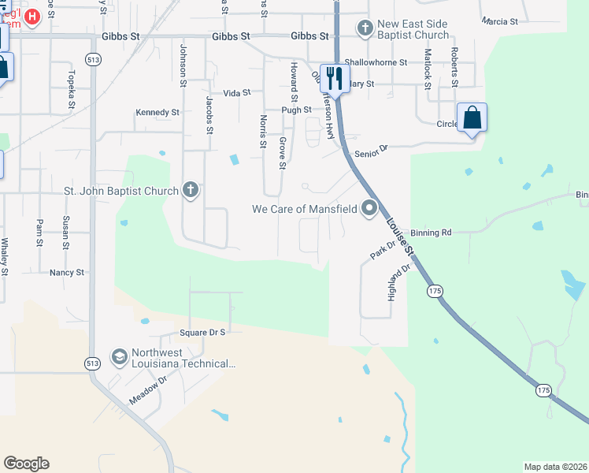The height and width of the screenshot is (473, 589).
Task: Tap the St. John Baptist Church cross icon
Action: click(x=190, y=189)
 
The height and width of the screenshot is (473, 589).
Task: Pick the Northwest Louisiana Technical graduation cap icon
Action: click(x=119, y=358)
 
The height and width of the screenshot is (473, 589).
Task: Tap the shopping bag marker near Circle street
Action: click(x=472, y=118)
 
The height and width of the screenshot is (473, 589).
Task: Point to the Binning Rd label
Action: click(x=430, y=233)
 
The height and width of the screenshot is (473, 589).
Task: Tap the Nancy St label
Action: click(x=66, y=272)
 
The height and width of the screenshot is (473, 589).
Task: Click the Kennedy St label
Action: click(x=157, y=113)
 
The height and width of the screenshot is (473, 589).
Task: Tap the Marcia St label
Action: click(x=500, y=22)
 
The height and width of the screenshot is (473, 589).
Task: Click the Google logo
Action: click(x=26, y=464)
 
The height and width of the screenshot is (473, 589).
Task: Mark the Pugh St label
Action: click(x=298, y=110)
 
